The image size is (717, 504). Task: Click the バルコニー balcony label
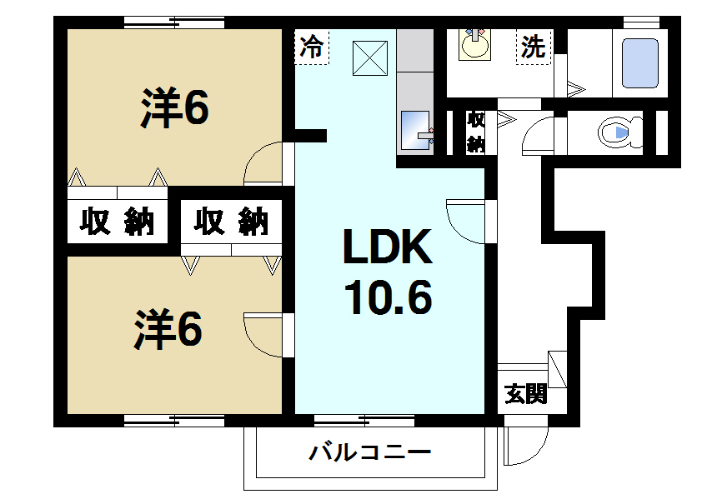370,453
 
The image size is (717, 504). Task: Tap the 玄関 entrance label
526,394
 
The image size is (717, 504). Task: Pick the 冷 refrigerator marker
312,46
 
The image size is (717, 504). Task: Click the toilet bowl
620,132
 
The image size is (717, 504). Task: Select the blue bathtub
641,66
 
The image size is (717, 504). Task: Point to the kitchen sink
414,129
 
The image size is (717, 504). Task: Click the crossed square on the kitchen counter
367,57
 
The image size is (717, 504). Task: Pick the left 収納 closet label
118,222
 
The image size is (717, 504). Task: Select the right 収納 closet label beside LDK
233,222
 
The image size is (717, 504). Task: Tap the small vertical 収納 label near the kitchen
475,132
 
